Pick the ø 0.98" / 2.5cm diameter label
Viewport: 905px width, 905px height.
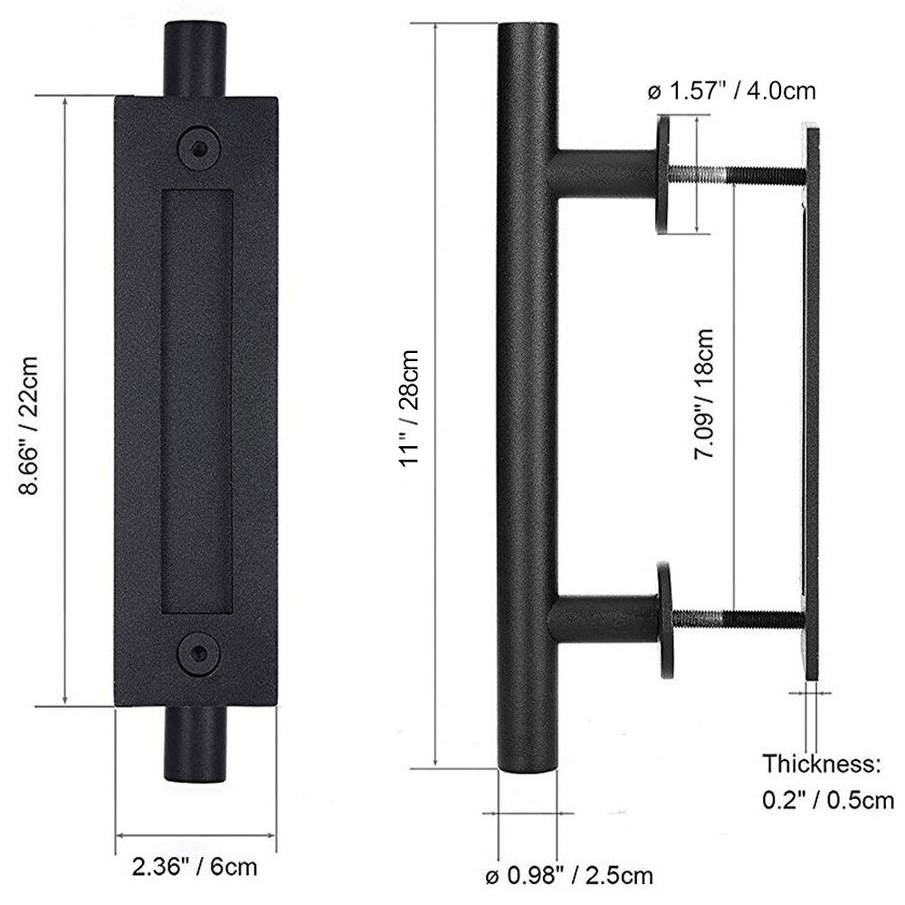point(567,876)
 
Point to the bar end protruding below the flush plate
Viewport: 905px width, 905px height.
point(195,747)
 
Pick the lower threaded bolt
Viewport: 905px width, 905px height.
point(738,620)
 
